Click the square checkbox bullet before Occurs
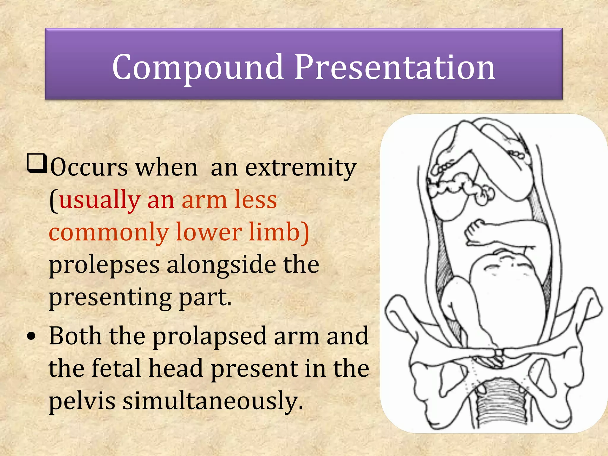37,163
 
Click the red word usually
99,200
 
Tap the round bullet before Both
31,336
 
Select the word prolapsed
210,336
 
